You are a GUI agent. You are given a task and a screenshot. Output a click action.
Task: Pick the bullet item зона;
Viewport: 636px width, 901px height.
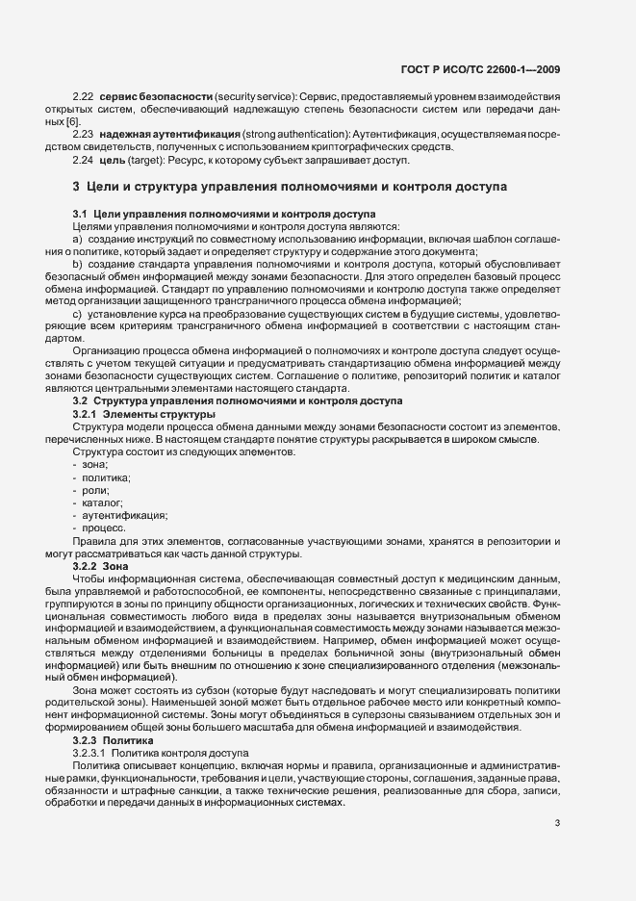[x=95, y=465]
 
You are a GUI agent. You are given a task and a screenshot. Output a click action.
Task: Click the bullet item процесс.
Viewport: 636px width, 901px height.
[x=104, y=528]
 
